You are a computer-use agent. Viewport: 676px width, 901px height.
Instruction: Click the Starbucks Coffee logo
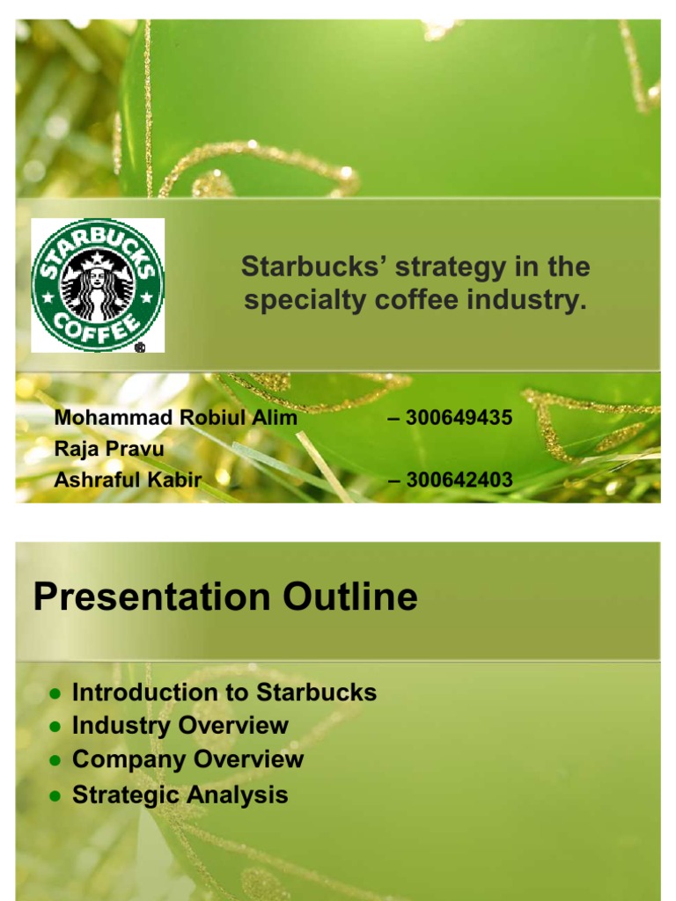pyautogui.click(x=97, y=284)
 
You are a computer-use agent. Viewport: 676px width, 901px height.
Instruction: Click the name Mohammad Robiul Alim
pyautogui.click(x=176, y=418)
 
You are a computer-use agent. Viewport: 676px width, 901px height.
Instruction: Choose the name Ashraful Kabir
pyautogui.click(x=128, y=480)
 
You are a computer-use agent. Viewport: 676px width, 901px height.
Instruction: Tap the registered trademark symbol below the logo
pyautogui.click(x=140, y=347)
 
